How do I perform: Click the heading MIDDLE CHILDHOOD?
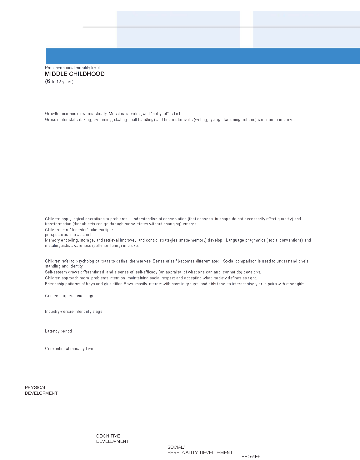(x=75, y=74)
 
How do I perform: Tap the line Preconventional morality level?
(x=72, y=67)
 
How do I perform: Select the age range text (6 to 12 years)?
(x=59, y=82)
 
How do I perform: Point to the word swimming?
(x=102, y=120)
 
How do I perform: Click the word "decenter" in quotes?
(x=79, y=230)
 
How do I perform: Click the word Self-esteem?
(x=56, y=272)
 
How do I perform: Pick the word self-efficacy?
(x=146, y=272)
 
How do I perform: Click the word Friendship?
(x=54, y=284)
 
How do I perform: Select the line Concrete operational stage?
(x=69, y=296)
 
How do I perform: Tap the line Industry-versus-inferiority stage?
(x=73, y=312)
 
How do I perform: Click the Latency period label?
(x=58, y=331)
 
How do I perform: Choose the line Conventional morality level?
(x=69, y=349)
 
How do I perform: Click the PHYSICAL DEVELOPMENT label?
(x=41, y=390)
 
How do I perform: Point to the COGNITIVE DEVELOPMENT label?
(x=112, y=439)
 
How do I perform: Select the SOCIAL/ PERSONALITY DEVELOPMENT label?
(x=200, y=450)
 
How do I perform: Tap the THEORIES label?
(x=249, y=457)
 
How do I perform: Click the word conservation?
(x=175, y=219)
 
